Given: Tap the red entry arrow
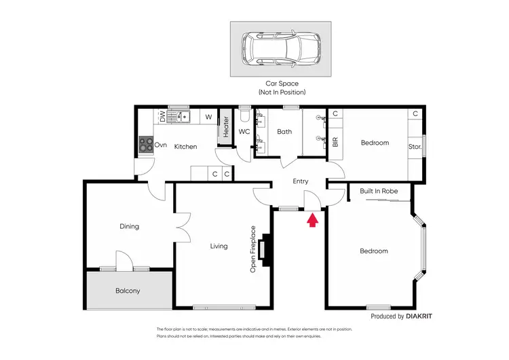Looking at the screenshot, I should pyautogui.click(x=312, y=220).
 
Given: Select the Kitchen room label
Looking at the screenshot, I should pyautogui.click(x=185, y=146).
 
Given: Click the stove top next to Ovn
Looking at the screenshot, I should pyautogui.click(x=145, y=144).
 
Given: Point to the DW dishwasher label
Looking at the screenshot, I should pyautogui.click(x=163, y=118).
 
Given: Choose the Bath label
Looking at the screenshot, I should pyautogui.click(x=284, y=132).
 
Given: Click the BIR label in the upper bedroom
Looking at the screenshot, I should pyautogui.click(x=335, y=143).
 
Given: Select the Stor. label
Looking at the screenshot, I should pyautogui.click(x=415, y=146).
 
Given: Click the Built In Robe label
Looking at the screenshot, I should pyautogui.click(x=379, y=192).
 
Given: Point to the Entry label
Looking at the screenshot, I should pyautogui.click(x=300, y=181).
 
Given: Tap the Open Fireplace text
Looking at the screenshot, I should pyautogui.click(x=253, y=249).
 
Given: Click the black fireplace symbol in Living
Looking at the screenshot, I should pyautogui.click(x=268, y=249).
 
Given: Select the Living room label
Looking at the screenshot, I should pyautogui.click(x=219, y=246).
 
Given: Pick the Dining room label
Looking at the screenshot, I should pyautogui.click(x=129, y=226).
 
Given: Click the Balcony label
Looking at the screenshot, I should pyautogui.click(x=128, y=291).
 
